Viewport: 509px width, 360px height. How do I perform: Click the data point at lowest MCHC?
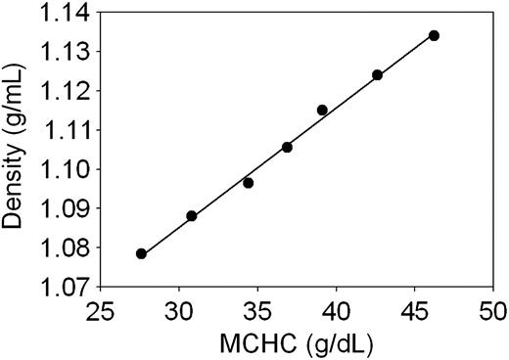coord(141,253)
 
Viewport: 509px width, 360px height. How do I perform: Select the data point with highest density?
coord(434,35)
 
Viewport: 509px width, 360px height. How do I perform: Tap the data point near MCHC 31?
coord(191,215)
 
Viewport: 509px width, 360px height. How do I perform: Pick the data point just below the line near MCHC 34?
coord(248,183)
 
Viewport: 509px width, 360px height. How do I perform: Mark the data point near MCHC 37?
coord(287,147)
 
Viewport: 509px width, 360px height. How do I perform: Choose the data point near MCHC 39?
coord(322,110)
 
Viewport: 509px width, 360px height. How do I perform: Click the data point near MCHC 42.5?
coord(377,74)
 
